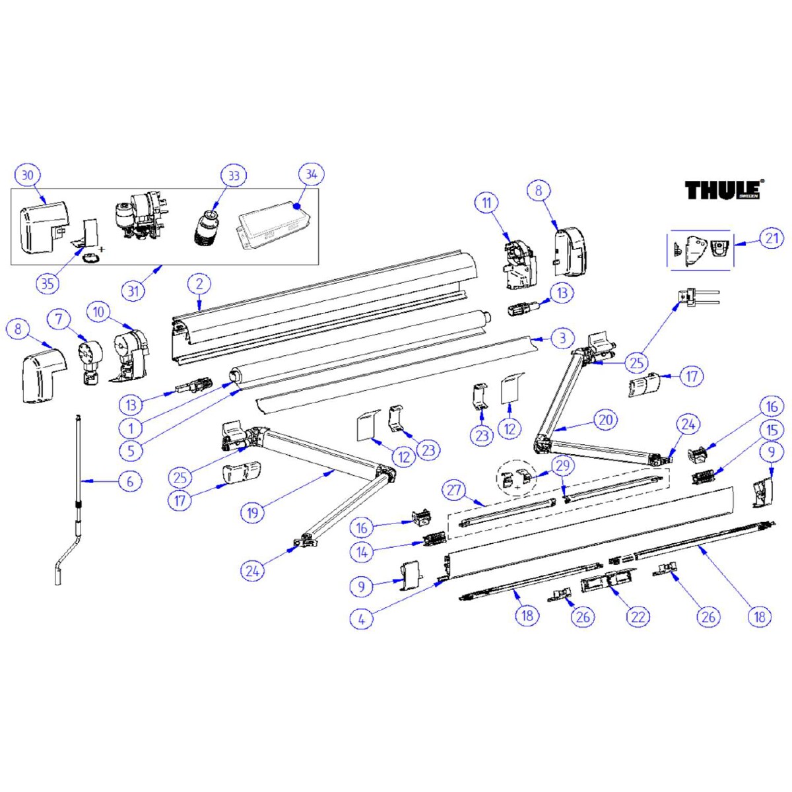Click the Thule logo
724,190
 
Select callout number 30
28,176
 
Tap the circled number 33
234,176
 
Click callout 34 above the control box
312,175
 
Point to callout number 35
48,283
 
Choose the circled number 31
133,291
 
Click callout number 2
199,284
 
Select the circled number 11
487,203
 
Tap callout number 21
771,238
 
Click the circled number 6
130,481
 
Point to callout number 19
252,513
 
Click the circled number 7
60,319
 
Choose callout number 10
98,313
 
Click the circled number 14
362,552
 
